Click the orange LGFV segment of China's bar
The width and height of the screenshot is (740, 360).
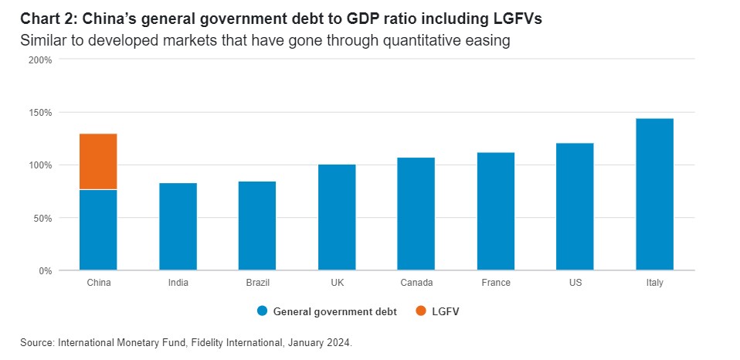[x=98, y=161]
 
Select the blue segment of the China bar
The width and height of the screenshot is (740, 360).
[x=98, y=230]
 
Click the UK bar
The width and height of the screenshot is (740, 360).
[x=337, y=217]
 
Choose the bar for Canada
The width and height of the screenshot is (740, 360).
[x=416, y=214]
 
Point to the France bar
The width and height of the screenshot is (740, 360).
[x=496, y=211]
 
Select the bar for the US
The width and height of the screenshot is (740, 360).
[x=575, y=206]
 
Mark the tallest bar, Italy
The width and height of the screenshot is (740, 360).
[x=655, y=194]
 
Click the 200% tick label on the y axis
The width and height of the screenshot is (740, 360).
[x=40, y=59]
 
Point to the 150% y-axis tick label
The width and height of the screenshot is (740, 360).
[x=40, y=112]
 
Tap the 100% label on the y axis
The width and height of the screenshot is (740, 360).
[x=40, y=165]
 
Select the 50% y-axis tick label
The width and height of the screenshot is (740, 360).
[x=42, y=218]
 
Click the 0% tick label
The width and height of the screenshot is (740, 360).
[x=45, y=271]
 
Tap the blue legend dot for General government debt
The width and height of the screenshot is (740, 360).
[x=262, y=311]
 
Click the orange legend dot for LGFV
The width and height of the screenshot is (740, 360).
[x=421, y=311]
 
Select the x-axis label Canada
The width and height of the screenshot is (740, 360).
[x=416, y=283]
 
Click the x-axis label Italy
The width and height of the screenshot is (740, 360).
[x=655, y=283]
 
